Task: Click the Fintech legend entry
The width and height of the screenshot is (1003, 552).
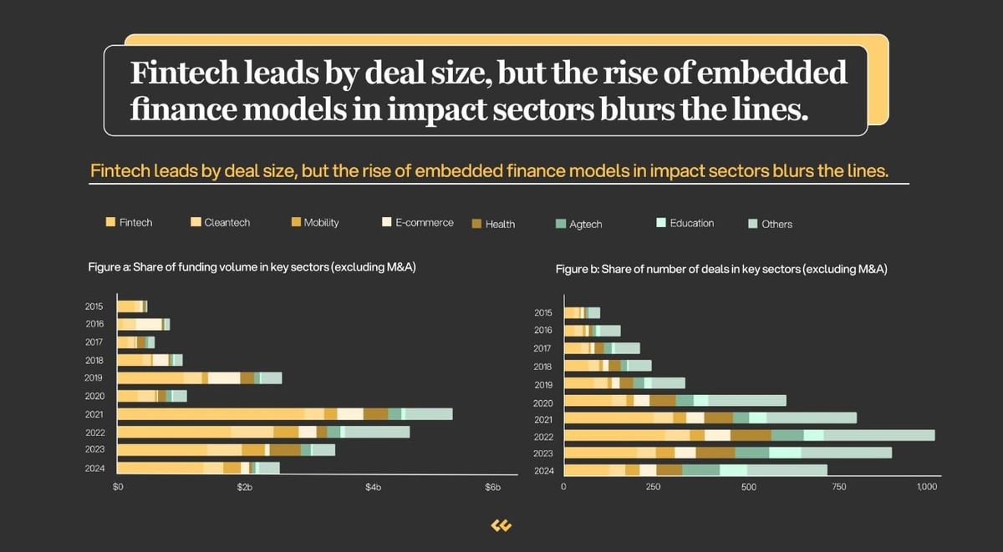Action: [130, 222]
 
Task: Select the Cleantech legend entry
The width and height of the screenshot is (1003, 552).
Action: [221, 222]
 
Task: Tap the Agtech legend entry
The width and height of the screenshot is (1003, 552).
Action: [578, 224]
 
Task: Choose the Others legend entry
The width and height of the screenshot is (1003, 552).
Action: [770, 224]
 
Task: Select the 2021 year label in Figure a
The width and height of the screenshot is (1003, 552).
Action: [94, 414]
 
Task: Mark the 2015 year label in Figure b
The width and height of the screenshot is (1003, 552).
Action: [542, 313]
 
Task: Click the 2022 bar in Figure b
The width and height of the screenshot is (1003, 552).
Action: [749, 435]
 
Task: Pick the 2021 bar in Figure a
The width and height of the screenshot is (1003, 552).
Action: [284, 414]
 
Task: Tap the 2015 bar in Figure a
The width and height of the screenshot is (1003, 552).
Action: [132, 306]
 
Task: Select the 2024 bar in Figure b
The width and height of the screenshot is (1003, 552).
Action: [695, 470]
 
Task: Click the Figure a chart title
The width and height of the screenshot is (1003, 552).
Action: [252, 267]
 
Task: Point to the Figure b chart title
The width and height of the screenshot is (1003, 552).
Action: [721, 270]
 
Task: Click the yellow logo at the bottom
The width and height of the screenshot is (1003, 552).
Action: [501, 525]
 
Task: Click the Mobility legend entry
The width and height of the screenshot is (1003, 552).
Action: [314, 222]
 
